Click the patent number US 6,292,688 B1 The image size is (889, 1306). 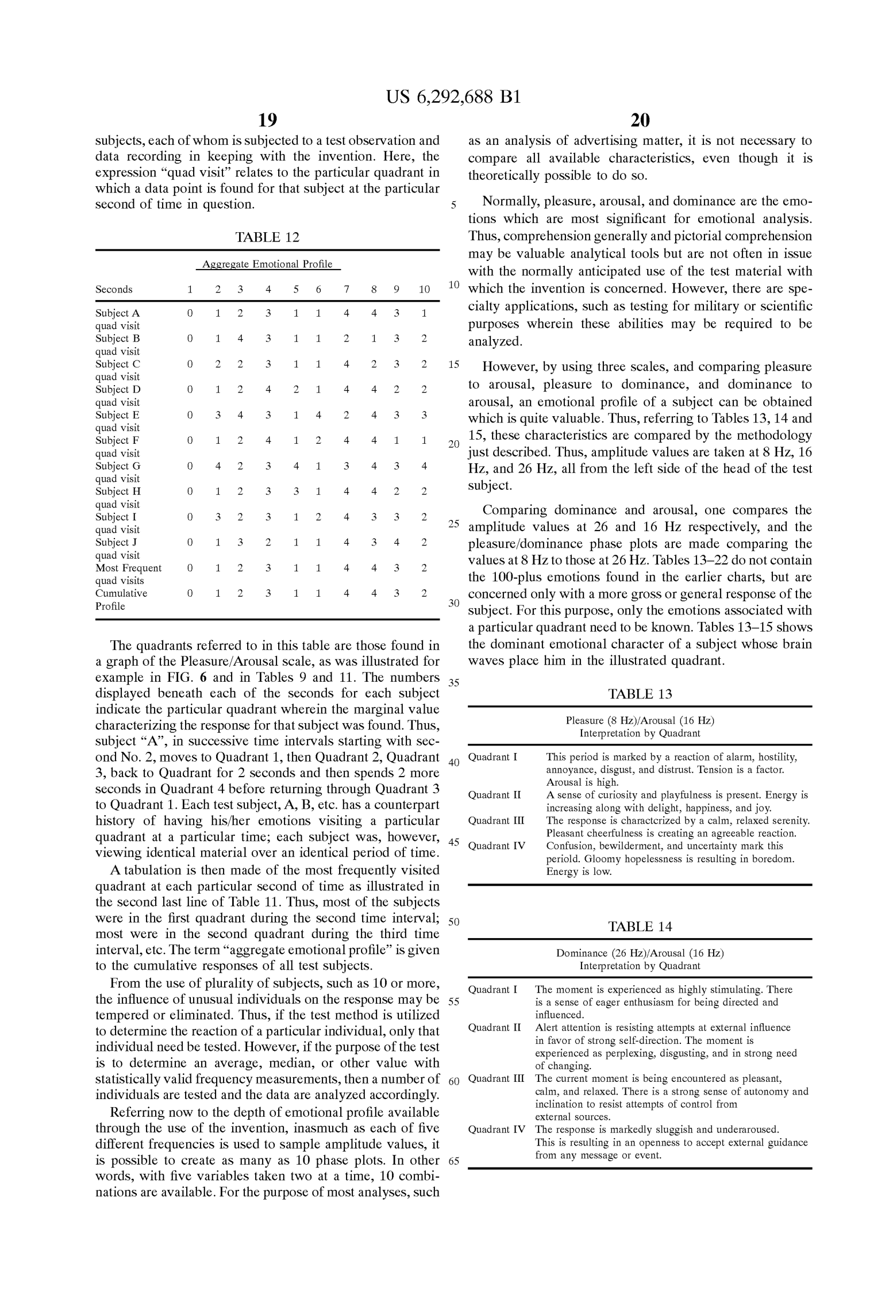[453, 97]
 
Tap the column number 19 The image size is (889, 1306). [267, 120]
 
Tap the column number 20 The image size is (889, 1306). [640, 120]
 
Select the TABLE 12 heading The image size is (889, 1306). [267, 237]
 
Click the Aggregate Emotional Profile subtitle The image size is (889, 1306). [267, 264]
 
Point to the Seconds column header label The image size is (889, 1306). [114, 290]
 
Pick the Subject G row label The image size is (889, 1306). [118, 466]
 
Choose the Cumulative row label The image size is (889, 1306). [121, 593]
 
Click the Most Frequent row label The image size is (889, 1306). [128, 568]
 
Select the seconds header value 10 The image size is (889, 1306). [424, 290]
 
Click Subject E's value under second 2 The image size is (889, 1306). [218, 415]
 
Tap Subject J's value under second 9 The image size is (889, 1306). [397, 542]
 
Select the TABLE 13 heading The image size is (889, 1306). [640, 694]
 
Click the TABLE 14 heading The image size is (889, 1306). [640, 927]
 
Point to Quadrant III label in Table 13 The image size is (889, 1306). [496, 821]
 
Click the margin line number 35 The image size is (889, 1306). [454, 683]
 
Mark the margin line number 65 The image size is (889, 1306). [454, 1161]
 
